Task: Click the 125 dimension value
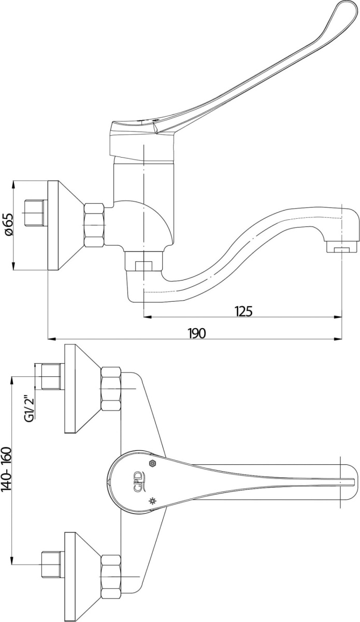click(x=243, y=311)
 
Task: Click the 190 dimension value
click(x=197, y=333)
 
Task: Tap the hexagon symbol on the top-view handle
click(x=152, y=463)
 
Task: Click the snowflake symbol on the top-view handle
click(x=152, y=501)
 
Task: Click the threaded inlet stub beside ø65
click(x=35, y=212)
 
